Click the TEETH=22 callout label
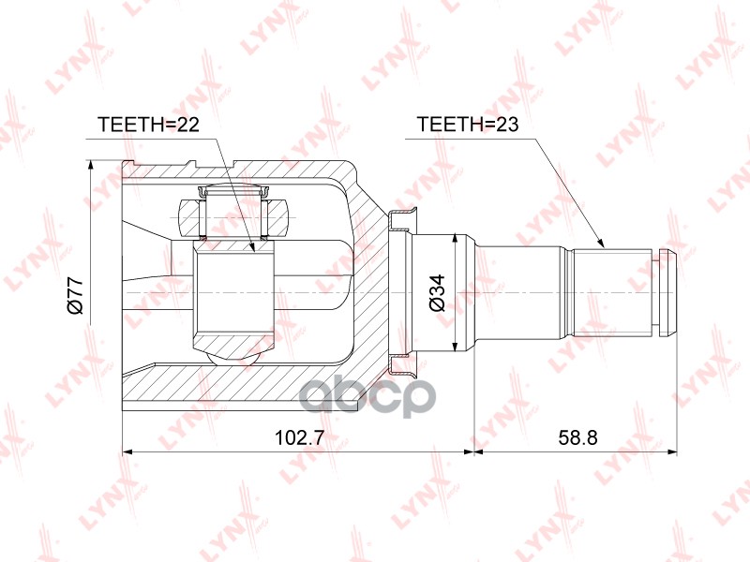point(148,125)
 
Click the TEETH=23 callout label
point(468,125)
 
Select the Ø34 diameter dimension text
point(437,293)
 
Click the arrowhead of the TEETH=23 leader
point(601,244)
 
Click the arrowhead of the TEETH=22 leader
point(253,246)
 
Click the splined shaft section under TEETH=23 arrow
point(613,291)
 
